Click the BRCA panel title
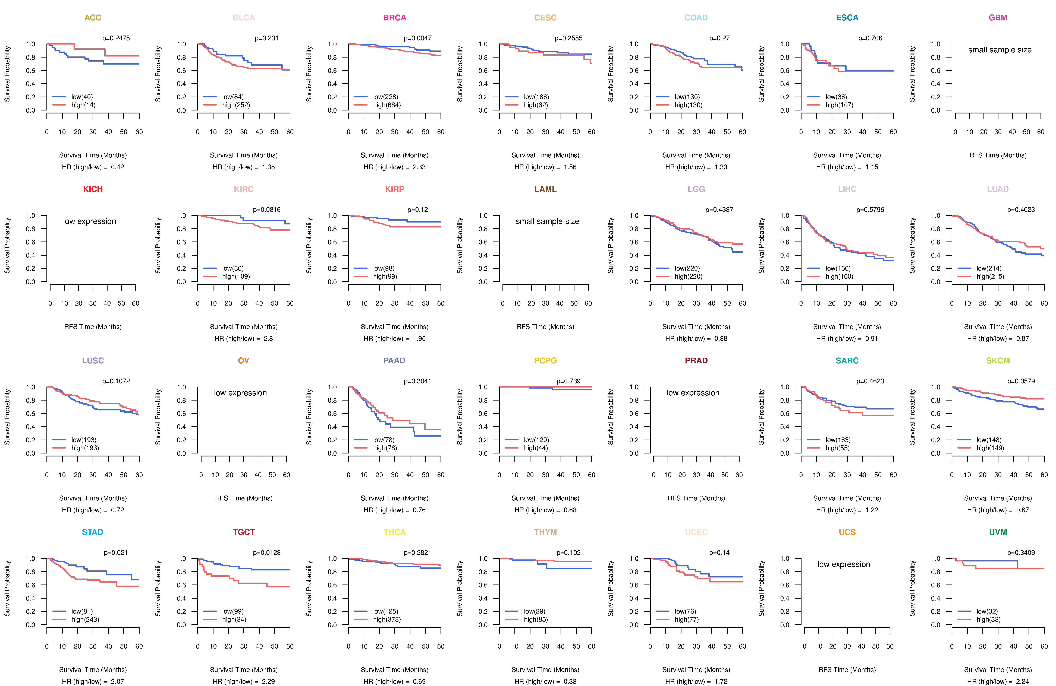click(394, 18)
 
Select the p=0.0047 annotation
click(417, 38)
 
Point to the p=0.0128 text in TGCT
click(267, 552)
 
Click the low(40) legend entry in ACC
click(82, 97)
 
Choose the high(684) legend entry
click(386, 105)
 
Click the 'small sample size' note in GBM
click(1000, 50)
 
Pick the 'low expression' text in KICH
click(90, 221)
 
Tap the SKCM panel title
click(998, 361)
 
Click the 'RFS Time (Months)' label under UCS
click(847, 670)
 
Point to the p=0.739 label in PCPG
click(568, 381)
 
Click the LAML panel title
click(545, 189)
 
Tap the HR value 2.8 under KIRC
click(268, 338)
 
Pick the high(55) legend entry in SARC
click(838, 448)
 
